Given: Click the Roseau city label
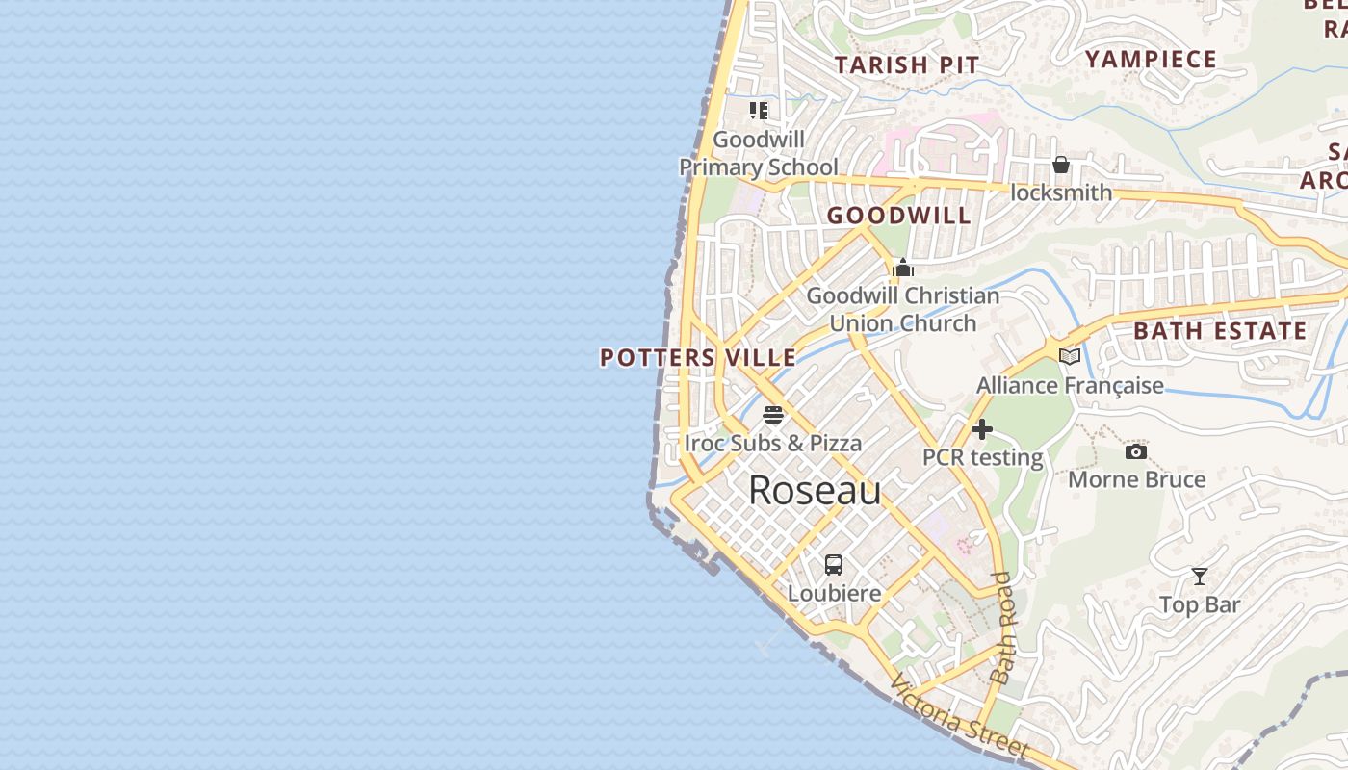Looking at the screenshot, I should click(815, 491).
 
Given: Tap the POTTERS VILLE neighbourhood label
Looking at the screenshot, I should click(698, 358).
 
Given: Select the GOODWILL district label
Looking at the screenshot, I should click(899, 216).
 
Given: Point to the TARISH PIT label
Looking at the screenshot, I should click(906, 65).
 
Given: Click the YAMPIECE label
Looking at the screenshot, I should click(1152, 60).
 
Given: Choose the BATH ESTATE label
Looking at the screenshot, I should click(1220, 331).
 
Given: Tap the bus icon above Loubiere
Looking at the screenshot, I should click(834, 565).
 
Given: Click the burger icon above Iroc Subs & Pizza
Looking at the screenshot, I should click(773, 416).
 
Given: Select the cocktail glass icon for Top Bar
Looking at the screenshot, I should click(1200, 577).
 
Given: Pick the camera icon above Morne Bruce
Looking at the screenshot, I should click(1136, 451).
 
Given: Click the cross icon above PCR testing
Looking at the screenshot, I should click(982, 429).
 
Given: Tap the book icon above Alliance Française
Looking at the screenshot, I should click(1070, 357).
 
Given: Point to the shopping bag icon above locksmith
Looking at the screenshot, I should click(1061, 165).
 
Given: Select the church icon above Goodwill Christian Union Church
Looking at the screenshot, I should click(903, 268).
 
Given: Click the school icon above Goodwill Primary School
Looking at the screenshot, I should click(759, 111).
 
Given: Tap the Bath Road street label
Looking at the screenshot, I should click(1003, 628).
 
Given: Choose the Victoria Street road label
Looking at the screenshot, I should click(959, 718).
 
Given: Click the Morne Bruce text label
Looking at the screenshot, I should click(1137, 479).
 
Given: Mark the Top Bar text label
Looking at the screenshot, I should click(1200, 604).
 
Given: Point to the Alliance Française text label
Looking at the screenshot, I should click(1070, 386).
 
